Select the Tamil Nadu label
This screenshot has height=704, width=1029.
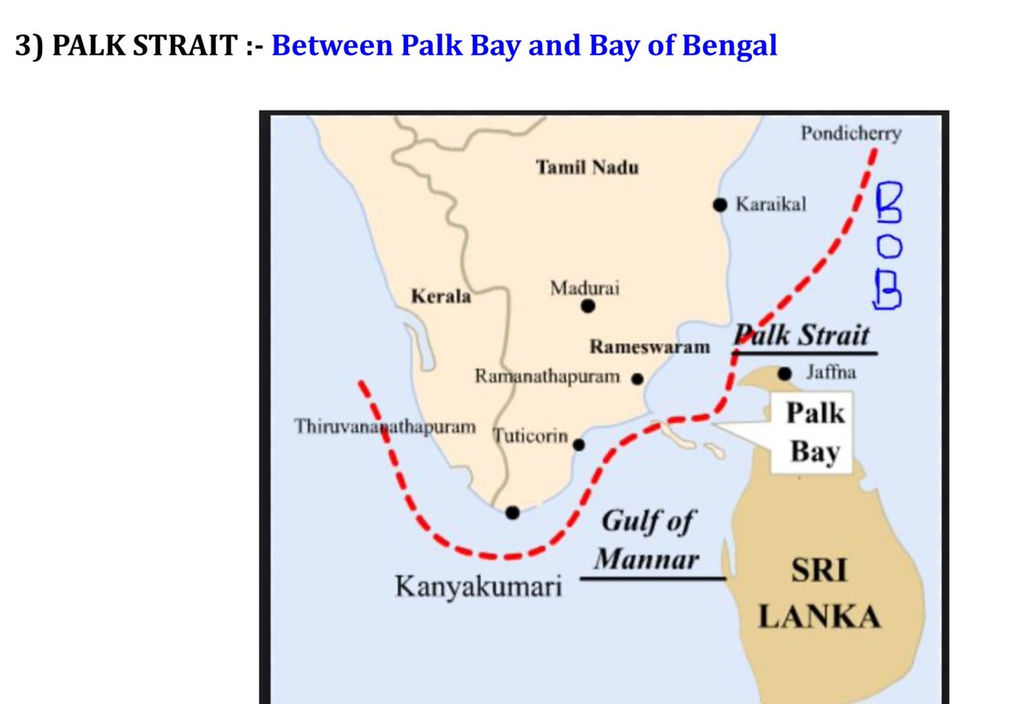[587, 167]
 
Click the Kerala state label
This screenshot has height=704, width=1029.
[442, 297]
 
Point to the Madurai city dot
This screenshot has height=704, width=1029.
[587, 306]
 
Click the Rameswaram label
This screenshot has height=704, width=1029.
[650, 347]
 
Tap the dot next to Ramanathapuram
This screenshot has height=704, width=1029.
[637, 377]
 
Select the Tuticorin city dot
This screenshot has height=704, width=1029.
[579, 444]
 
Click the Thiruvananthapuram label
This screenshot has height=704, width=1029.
[385, 426]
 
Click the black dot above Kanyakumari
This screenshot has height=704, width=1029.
[513, 513]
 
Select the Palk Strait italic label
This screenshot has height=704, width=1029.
[800, 335]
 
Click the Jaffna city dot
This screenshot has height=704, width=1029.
[785, 373]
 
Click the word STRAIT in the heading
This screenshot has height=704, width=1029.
[185, 45]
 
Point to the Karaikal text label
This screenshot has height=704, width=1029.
[771, 205]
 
